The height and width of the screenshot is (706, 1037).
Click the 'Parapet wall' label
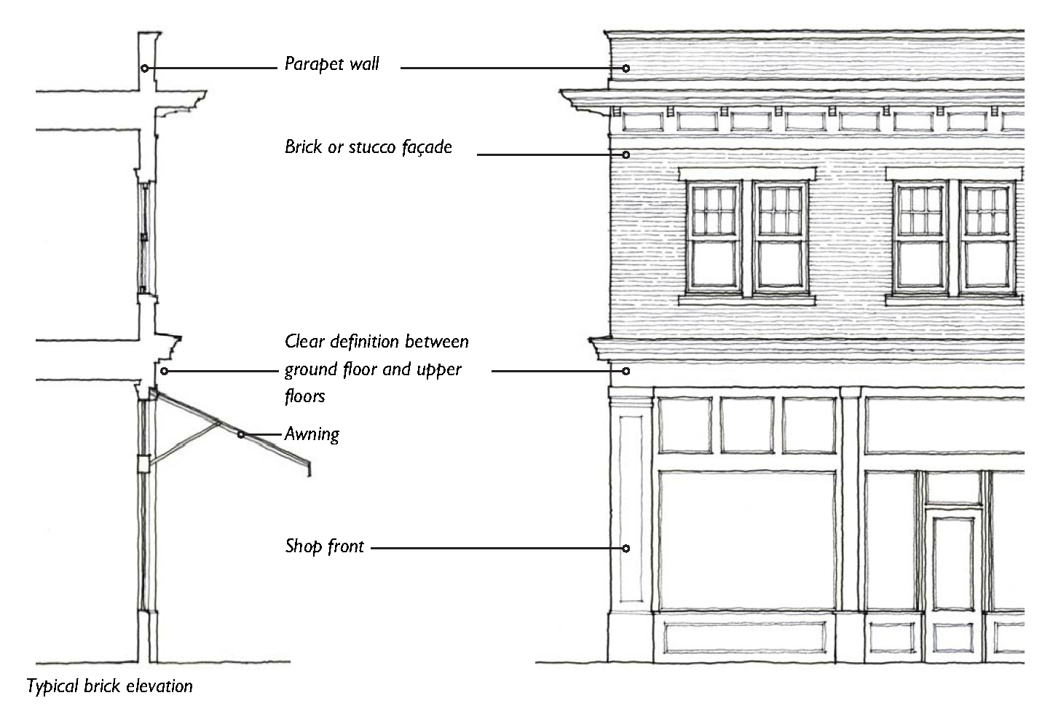click(331, 64)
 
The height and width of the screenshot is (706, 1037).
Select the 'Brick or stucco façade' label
click(368, 147)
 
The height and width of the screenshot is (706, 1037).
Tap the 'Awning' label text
click(312, 435)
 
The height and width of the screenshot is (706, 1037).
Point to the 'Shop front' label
click(324, 546)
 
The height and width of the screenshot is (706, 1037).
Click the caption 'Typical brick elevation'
click(110, 686)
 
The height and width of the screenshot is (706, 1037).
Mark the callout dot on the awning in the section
click(241, 435)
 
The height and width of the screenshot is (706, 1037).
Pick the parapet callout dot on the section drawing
click(145, 68)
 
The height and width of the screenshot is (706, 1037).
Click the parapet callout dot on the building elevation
click(626, 68)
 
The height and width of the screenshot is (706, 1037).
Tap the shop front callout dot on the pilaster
click(626, 548)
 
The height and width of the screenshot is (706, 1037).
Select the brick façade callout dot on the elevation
click(626, 154)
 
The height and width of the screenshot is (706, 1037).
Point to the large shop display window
click(747, 539)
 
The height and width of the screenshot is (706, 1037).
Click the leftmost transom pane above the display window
click(685, 425)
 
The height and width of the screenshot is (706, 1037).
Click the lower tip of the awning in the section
click(309, 471)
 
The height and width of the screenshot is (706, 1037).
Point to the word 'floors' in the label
click(304, 396)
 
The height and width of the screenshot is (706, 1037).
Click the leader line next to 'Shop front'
click(495, 548)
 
